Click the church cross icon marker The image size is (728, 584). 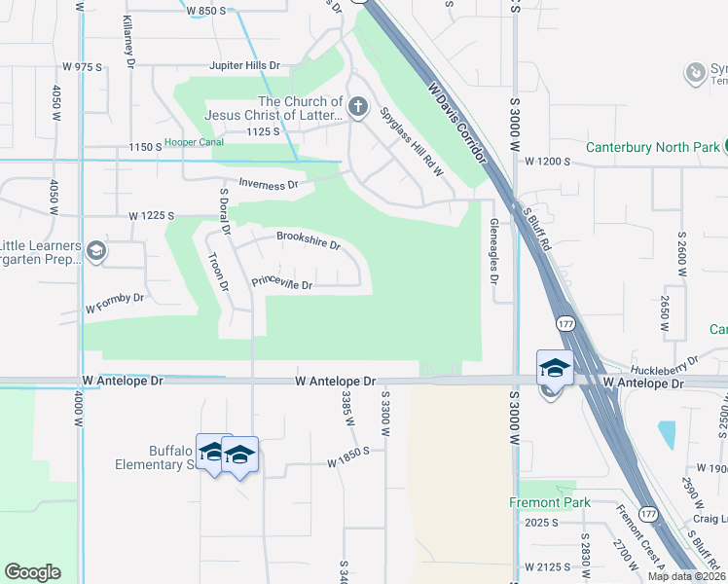click(x=357, y=107)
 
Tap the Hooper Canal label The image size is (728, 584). click(x=194, y=142)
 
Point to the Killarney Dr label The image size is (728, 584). click(x=128, y=42)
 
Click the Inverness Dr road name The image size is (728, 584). click(x=268, y=185)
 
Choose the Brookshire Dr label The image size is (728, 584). click(x=308, y=240)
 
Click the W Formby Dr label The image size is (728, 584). click(x=114, y=298)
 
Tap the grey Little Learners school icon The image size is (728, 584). click(x=95, y=252)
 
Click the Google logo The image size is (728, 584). click(x=32, y=572)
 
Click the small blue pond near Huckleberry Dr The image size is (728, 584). click(x=667, y=434)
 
